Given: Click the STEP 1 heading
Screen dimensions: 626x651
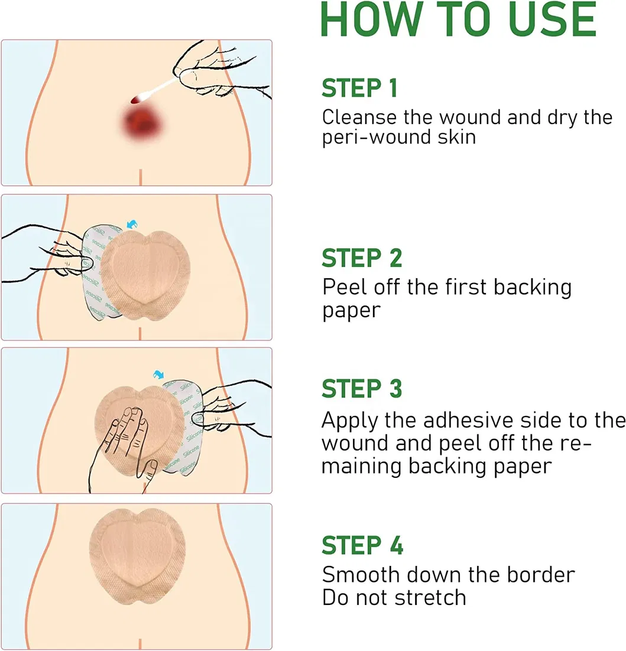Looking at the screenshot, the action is point(360,88).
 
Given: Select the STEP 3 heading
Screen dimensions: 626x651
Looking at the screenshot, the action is point(362,389).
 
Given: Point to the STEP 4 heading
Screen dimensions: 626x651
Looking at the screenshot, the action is point(362,545).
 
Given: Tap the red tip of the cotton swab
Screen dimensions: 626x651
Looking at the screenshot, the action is point(136,99).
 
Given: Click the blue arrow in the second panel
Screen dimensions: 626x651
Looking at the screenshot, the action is point(132,224).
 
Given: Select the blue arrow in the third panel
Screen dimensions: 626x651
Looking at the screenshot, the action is point(158,375).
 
